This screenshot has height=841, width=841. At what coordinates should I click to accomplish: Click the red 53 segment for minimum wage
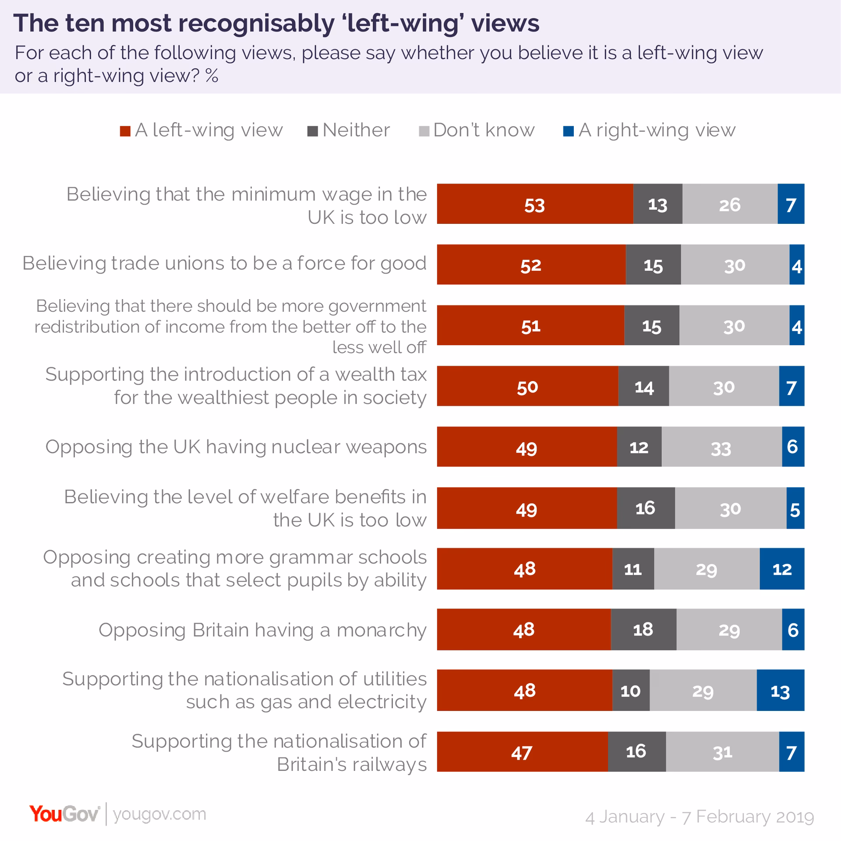pyautogui.click(x=535, y=204)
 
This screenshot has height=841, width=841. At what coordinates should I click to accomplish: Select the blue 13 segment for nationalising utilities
pyautogui.click(x=780, y=691)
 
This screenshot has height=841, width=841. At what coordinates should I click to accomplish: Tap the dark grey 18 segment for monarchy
pyautogui.click(x=643, y=629)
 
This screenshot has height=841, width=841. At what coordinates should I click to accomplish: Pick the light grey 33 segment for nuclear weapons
pyautogui.click(x=721, y=447)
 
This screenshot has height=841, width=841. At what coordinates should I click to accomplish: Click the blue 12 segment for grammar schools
pyautogui.click(x=782, y=569)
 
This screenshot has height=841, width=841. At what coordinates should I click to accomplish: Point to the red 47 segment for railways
pyautogui.click(x=522, y=752)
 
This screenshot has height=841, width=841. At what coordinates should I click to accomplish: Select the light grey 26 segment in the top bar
pyautogui.click(x=730, y=204)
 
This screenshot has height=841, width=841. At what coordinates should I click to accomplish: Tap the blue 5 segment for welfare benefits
pyautogui.click(x=795, y=508)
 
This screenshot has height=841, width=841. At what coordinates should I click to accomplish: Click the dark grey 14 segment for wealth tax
pyautogui.click(x=643, y=386)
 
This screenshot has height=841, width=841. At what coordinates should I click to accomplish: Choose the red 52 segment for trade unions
pyautogui.click(x=531, y=265)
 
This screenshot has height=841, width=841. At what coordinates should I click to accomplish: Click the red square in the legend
pyautogui.click(x=125, y=131)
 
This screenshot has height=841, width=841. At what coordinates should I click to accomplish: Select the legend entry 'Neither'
pyautogui.click(x=356, y=130)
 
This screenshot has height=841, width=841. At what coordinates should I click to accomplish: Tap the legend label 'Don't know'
pyautogui.click(x=484, y=130)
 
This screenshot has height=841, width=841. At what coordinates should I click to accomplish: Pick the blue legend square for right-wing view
pyautogui.click(x=568, y=131)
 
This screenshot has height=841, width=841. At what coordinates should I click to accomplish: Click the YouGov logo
pyautogui.click(x=65, y=814)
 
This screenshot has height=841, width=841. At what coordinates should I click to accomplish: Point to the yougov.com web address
pyautogui.click(x=159, y=814)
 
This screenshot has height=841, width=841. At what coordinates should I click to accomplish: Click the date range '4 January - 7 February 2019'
pyautogui.click(x=700, y=817)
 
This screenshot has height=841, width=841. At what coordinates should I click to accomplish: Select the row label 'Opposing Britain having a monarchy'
pyautogui.click(x=262, y=630)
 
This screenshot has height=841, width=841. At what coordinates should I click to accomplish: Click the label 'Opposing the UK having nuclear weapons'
pyautogui.click(x=236, y=447)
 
